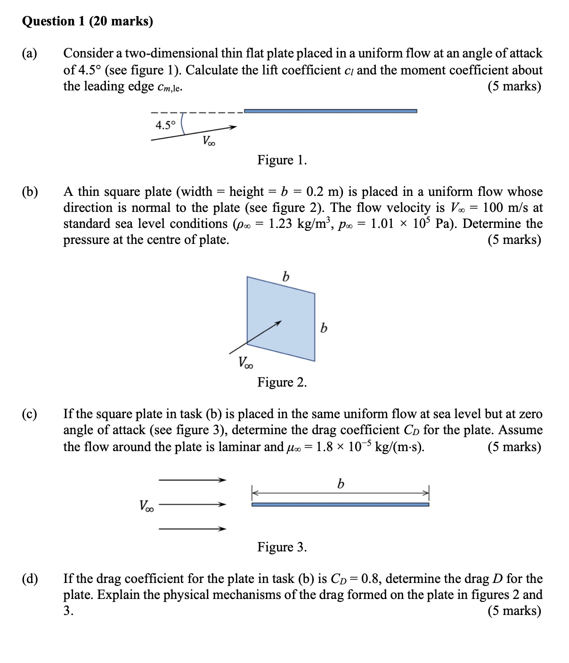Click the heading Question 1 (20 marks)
click(x=88, y=21)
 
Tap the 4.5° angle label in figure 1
click(x=165, y=125)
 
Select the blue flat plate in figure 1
click(x=330, y=111)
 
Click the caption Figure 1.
click(x=282, y=160)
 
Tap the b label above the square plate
click(x=285, y=276)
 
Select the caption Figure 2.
click(x=282, y=382)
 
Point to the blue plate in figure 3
click(x=340, y=504)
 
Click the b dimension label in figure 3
click(x=340, y=484)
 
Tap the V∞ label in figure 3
click(x=146, y=506)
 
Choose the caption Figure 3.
click(x=282, y=547)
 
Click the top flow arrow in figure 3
click(x=192, y=480)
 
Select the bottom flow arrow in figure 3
click(x=192, y=529)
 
